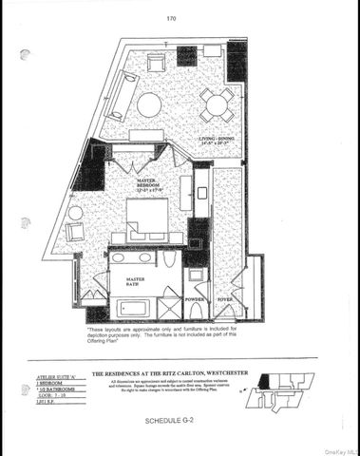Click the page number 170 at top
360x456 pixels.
tap(171, 18)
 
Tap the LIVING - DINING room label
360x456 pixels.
tap(218, 142)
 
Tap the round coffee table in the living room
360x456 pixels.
tap(149, 104)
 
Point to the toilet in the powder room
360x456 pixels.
tap(196, 278)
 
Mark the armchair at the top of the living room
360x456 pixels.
tap(156, 63)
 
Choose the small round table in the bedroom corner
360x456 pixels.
tap(75, 213)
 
